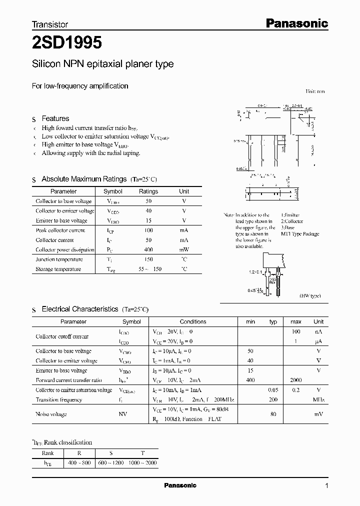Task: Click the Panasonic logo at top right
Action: pos(296,23)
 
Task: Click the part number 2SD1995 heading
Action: pos(67,43)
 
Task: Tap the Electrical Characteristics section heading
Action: pos(80,309)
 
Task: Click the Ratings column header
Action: pos(148,191)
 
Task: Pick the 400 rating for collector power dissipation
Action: pos(148,249)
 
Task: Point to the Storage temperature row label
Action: pos(58,269)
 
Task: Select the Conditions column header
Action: pos(193,321)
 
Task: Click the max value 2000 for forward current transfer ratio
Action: pos(295,380)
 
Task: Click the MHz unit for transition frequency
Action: pos(318,400)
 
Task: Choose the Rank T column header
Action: pos(142,453)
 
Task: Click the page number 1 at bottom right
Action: pos(326,485)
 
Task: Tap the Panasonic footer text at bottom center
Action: pos(180,485)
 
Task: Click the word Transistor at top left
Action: pos(50,24)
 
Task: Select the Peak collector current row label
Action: pos(60,230)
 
